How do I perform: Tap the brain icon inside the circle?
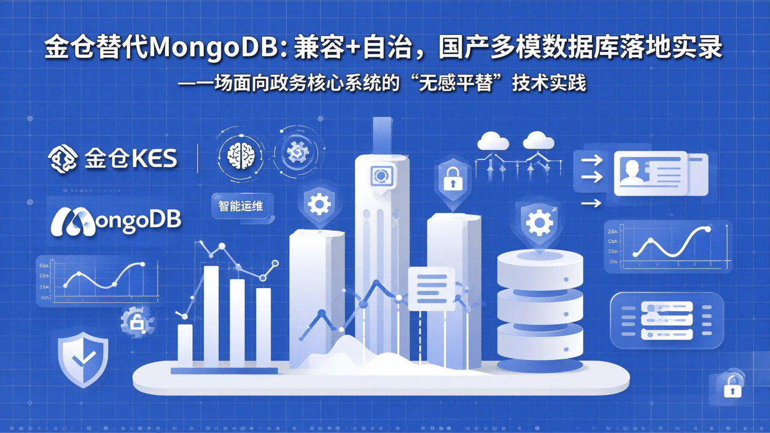tap(241, 155)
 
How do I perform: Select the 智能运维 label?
tap(241, 206)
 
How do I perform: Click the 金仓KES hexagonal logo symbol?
tap(63, 159)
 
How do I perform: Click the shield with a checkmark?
tap(83, 357)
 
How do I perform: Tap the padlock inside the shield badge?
tap(452, 181)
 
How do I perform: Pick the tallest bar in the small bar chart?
tap(211, 315)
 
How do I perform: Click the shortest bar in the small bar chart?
tap(185, 345)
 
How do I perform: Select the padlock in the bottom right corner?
tap(732, 387)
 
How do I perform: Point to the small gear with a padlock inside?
tap(137, 321)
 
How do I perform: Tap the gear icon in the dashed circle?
tap(298, 152)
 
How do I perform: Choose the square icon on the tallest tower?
tap(382, 176)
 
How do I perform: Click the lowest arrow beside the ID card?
tap(591, 203)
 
